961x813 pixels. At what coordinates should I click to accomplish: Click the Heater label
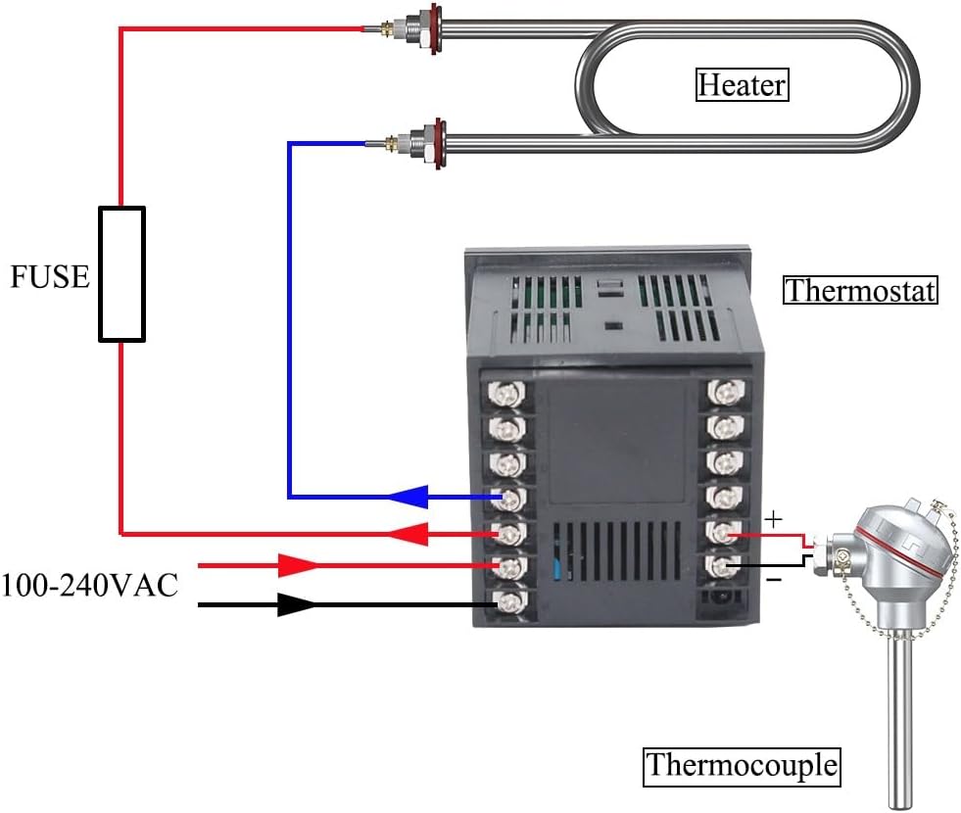(x=742, y=85)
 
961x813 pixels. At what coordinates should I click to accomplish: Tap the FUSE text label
(x=49, y=277)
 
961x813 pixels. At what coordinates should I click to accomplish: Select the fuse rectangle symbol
(x=121, y=274)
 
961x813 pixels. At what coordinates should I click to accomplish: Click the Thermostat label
(x=860, y=291)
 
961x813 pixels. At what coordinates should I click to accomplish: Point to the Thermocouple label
(x=742, y=765)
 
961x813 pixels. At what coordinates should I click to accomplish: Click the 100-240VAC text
(x=89, y=586)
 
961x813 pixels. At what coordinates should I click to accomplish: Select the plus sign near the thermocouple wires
(x=774, y=516)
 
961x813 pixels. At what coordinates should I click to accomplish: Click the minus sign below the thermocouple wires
(x=774, y=579)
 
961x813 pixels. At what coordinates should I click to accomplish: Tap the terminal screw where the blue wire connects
(x=507, y=498)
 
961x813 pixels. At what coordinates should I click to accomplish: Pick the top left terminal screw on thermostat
(x=507, y=393)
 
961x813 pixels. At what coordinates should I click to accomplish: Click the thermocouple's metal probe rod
(x=900, y=725)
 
